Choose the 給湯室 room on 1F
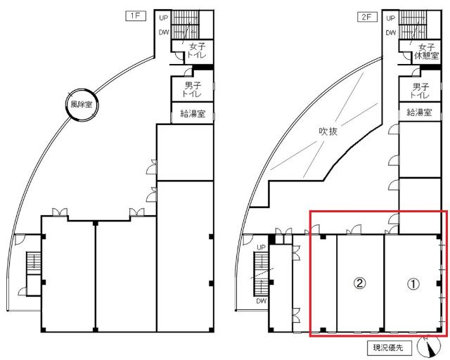click(193, 113)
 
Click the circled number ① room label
click(413, 283)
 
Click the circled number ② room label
click(359, 283)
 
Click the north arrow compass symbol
click(426, 347)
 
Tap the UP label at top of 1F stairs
click(164, 18)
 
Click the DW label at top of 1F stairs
click(164, 32)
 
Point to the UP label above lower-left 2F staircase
click(262, 247)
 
